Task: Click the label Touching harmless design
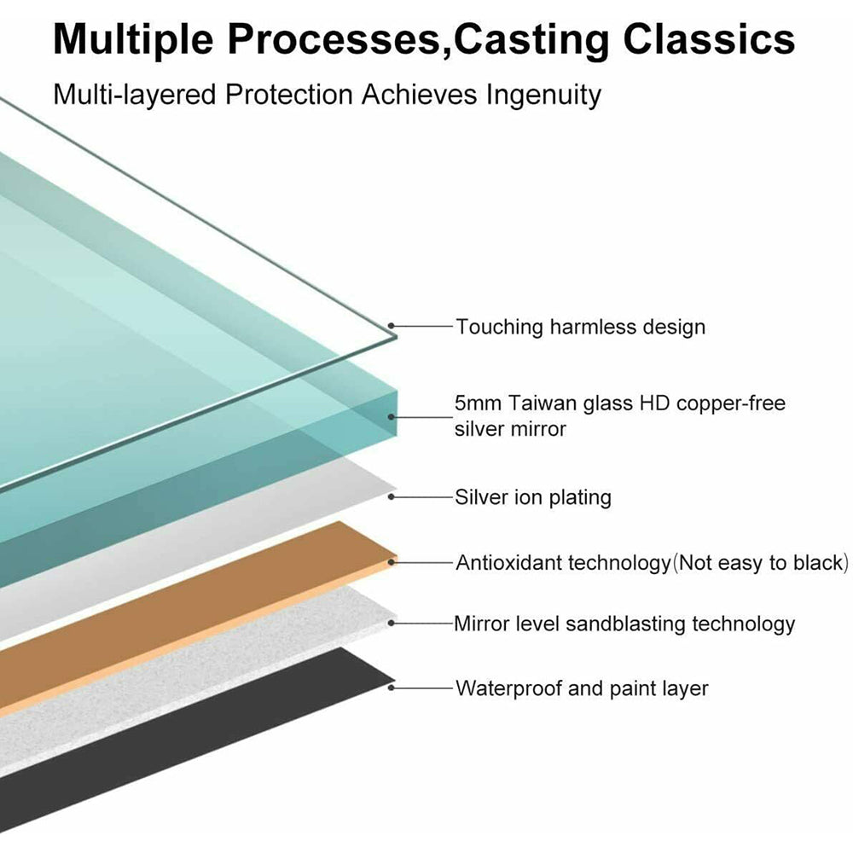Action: coord(580,327)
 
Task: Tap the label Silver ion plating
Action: coord(533,497)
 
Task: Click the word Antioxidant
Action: coord(509,563)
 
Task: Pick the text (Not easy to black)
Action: coord(761,563)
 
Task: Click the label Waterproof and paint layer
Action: coord(582,688)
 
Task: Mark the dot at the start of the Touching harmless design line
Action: coord(392,326)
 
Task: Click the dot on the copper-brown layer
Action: coord(392,562)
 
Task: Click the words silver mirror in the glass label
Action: coord(510,428)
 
